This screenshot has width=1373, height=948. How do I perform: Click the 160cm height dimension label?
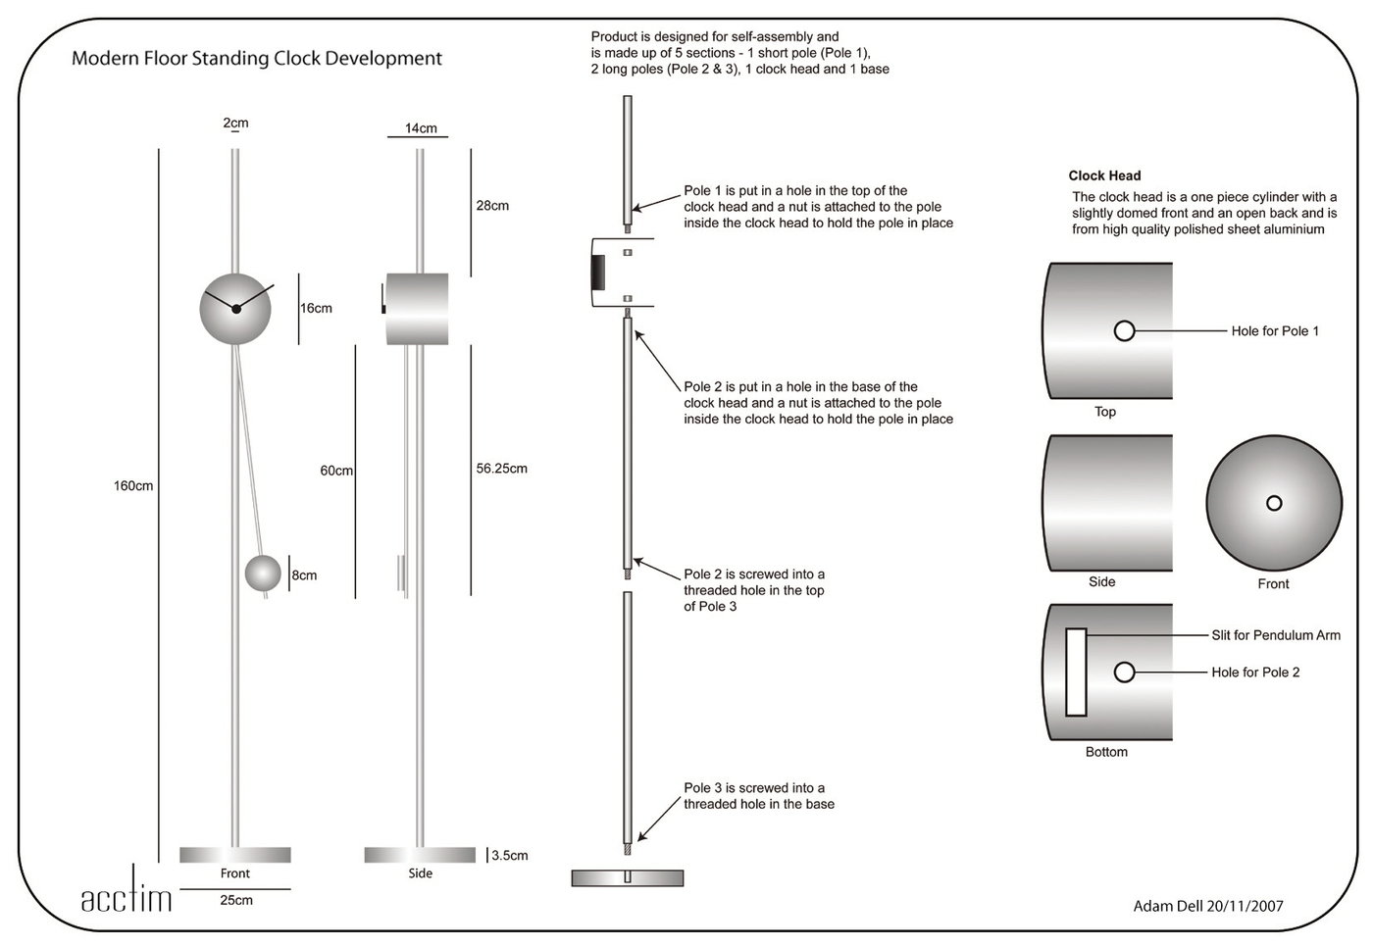coord(133,486)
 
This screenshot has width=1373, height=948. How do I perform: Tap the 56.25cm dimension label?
coord(501,469)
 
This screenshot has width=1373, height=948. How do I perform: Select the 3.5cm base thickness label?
coord(510,856)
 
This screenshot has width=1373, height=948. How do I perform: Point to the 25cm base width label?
coord(236,900)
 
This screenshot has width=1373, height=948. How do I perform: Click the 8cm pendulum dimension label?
coord(305,575)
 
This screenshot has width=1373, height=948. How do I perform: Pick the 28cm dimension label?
coord(492,206)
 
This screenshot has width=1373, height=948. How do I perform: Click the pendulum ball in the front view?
coord(263,574)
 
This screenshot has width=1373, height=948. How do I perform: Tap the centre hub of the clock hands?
coord(236,309)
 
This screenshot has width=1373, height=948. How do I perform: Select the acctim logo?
coord(127,898)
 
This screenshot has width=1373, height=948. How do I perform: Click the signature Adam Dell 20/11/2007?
coord(1208,906)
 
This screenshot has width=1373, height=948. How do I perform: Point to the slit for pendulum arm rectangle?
coord(1076,673)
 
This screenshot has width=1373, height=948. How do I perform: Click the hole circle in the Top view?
coord(1125,331)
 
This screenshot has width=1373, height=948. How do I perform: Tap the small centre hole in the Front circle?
coord(1274,504)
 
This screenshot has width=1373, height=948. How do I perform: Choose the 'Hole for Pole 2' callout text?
coord(1255,673)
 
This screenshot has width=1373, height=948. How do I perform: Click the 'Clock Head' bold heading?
coord(1104,176)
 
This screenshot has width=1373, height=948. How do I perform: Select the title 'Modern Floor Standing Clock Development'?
coord(257,59)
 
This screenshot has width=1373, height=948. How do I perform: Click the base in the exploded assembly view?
coord(628,877)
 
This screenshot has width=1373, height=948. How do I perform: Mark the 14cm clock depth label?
coord(421,128)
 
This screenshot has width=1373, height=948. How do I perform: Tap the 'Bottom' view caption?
coord(1106,752)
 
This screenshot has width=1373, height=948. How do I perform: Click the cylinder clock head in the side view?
coord(418,309)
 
